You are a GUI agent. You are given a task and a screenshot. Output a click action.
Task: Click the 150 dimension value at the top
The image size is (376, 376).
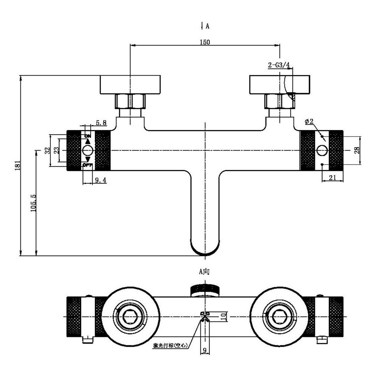pyautogui.click(x=205, y=42)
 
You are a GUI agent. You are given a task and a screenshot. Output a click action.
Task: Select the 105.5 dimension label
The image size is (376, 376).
pyautogui.click(x=33, y=203)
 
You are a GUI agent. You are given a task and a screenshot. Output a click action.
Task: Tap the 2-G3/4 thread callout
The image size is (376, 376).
pyautogui.click(x=278, y=65)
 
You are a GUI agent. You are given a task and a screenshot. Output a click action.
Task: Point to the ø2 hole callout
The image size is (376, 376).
pyautogui.click(x=309, y=122)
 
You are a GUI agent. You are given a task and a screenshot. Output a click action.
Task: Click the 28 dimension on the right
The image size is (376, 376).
pyautogui.click(x=357, y=150)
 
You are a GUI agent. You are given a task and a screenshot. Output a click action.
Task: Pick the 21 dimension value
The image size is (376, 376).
pyautogui.click(x=332, y=178)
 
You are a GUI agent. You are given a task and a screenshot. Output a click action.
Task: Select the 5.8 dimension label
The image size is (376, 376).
pyautogui.click(x=101, y=123)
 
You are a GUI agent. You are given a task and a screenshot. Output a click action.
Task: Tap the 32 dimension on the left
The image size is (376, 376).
pyautogui.click(x=47, y=151)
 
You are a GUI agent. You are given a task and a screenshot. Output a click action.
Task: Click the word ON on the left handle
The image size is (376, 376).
pyautogui.click(x=88, y=136)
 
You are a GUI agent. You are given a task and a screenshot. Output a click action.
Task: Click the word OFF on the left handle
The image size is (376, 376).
pyautogui.click(x=88, y=165)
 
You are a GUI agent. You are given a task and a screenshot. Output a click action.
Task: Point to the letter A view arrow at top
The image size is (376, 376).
pyautogui.click(x=207, y=26)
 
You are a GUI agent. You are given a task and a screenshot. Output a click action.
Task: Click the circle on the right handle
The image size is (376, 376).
pyautogui.click(x=322, y=151)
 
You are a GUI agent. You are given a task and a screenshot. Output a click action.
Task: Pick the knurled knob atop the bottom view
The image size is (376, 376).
pyautogui.click(x=205, y=290)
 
